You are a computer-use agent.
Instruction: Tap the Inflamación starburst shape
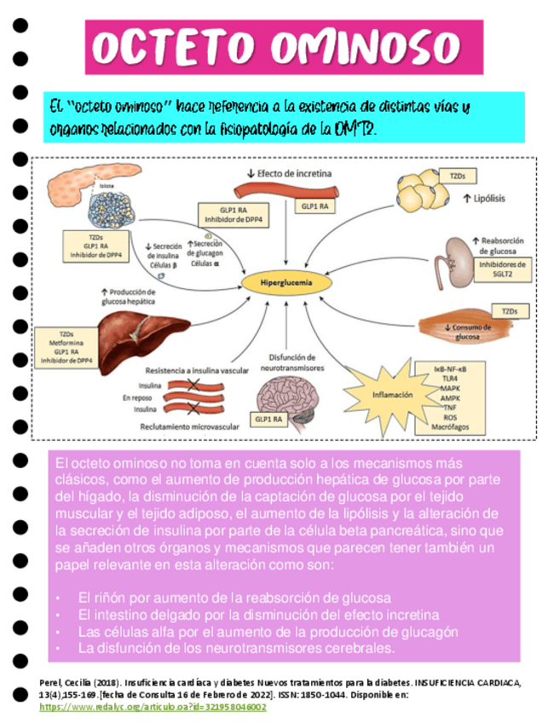click(392, 395)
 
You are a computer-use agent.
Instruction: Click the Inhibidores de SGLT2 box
click(502, 269)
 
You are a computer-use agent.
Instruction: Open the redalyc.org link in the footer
click(153, 707)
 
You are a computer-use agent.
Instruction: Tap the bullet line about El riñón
click(234, 598)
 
